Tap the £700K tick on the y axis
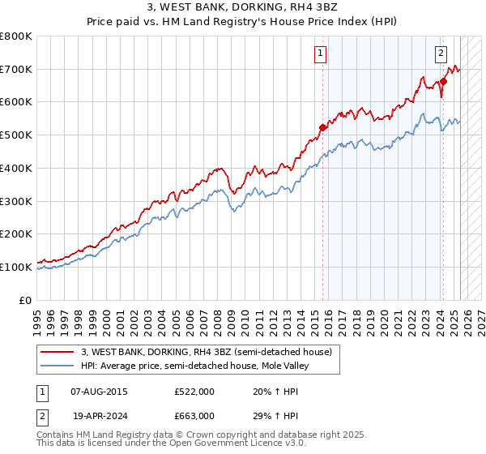(16, 70)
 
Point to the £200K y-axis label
(16, 233)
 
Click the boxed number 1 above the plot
(321, 54)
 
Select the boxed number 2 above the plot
(441, 54)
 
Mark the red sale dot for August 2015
(322, 126)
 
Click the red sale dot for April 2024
(444, 81)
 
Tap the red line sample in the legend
(58, 352)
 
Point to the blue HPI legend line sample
(58, 366)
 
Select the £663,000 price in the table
(194, 415)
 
